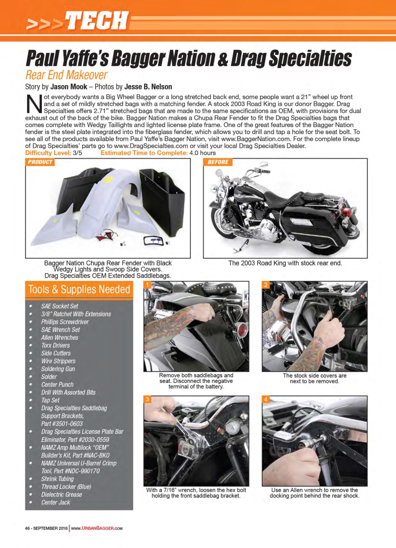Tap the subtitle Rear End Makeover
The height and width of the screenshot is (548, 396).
[x=66, y=75]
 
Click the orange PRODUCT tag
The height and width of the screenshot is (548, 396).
[x=40, y=162]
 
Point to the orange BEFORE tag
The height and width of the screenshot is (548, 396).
[x=218, y=162]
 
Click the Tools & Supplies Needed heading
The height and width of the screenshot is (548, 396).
[x=79, y=290]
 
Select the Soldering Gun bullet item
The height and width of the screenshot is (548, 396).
[x=58, y=369]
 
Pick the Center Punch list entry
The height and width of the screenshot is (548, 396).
[x=57, y=384]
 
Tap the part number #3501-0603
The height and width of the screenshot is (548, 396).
[x=62, y=423]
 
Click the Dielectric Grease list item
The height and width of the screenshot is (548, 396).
[x=62, y=494]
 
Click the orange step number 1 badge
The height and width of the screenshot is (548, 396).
[x=147, y=285]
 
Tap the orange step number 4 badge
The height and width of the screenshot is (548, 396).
[x=266, y=399]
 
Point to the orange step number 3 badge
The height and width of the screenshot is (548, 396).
[x=147, y=399]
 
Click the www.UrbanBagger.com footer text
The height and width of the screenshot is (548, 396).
[x=97, y=528]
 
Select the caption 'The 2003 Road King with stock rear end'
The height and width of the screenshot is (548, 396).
[x=285, y=263]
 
